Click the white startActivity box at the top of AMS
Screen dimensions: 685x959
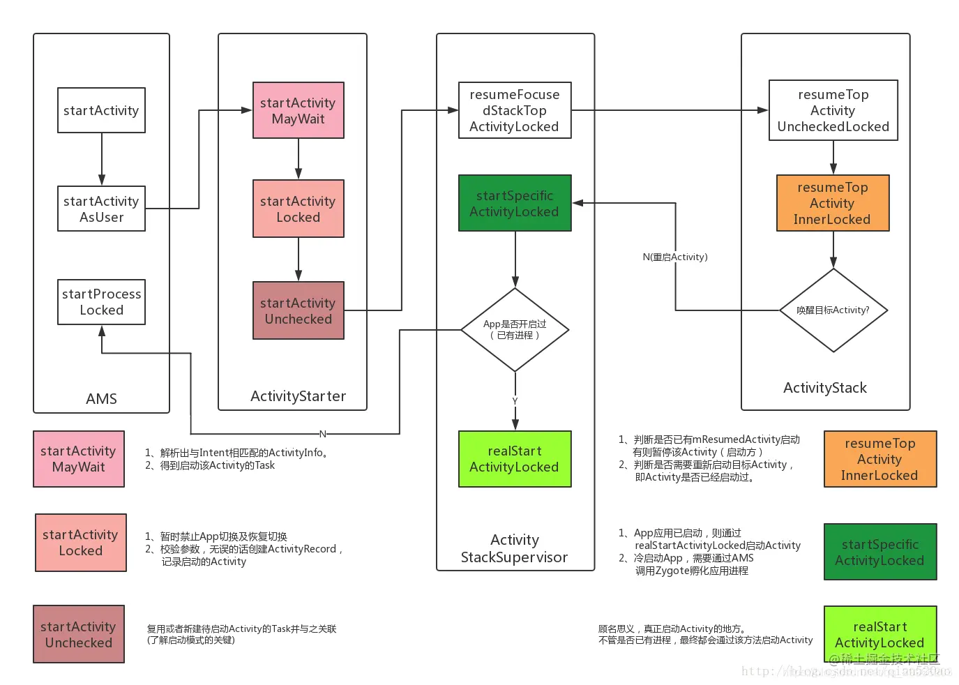coord(101,110)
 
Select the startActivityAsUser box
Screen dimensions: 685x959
coord(101,209)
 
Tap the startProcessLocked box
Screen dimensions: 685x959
coord(101,302)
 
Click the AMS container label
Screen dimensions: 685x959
coord(101,398)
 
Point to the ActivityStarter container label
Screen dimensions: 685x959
coord(298,396)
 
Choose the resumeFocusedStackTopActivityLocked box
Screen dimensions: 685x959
coord(514,110)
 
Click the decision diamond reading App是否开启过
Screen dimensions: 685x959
coord(515,330)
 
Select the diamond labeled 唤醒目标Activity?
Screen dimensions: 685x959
coord(833,310)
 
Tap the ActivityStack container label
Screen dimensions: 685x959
coord(824,388)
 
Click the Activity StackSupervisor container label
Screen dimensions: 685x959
coord(514,548)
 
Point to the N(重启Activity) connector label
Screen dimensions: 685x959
coord(674,257)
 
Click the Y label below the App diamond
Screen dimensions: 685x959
coord(515,401)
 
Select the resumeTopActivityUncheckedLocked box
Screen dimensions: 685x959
coord(833,110)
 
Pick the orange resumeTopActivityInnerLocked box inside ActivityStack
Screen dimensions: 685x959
coord(833,203)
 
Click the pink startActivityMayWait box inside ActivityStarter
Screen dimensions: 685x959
coord(298,110)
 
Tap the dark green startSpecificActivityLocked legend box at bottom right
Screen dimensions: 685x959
coord(879,552)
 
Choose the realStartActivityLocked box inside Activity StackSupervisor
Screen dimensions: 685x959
coord(514,459)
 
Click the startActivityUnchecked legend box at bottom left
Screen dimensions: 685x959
coord(79,634)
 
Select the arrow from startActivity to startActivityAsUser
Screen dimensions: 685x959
coord(102,159)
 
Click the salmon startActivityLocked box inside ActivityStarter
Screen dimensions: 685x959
coord(298,209)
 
